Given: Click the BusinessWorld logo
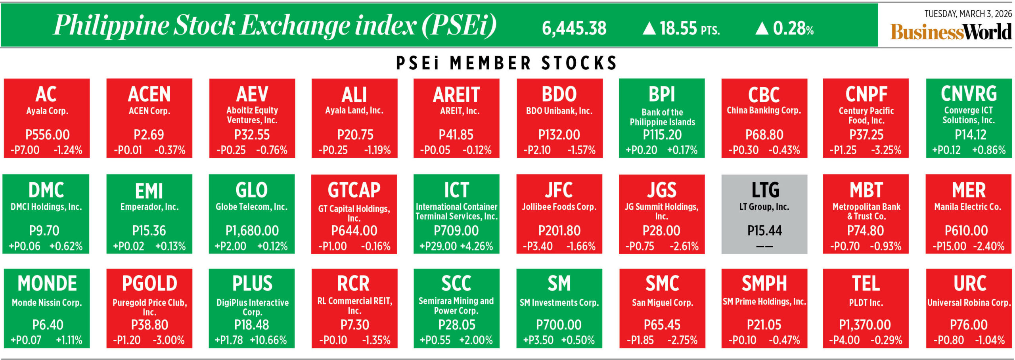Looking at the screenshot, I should click(x=951, y=32).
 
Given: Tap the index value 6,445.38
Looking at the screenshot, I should click(x=574, y=28).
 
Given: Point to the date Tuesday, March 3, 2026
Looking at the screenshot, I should click(x=968, y=14).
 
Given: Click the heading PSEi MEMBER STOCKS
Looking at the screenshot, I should click(x=506, y=63).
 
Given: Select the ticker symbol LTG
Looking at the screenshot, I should click(x=765, y=190).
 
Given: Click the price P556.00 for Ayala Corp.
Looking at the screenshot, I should click(x=47, y=135).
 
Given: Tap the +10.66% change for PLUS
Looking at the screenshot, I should click(x=268, y=340).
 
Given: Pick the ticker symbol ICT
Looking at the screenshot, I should click(x=456, y=190).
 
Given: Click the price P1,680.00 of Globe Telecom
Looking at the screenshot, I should click(x=252, y=230).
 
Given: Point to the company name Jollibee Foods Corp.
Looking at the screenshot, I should click(x=559, y=207).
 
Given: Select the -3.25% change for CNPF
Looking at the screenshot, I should click(x=886, y=150).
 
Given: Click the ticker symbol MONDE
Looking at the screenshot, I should click(x=47, y=283).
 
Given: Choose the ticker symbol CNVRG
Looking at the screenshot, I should click(x=969, y=94).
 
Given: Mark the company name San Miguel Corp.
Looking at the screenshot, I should click(x=662, y=303).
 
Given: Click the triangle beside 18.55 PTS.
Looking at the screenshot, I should click(x=649, y=28).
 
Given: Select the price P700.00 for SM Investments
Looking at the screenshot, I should click(x=559, y=325).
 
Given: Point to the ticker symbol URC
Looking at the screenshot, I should click(x=969, y=283).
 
